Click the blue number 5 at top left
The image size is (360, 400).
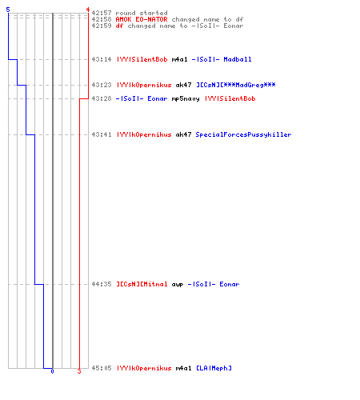tap(8, 10)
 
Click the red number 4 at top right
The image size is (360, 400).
tap(88, 10)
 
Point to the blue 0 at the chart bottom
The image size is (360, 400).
tap(52, 371)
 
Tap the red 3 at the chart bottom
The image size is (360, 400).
tap(79, 371)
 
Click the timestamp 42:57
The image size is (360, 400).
tap(102, 13)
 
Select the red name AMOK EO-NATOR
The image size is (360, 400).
tap(142, 19)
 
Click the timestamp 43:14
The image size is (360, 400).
tap(102, 59)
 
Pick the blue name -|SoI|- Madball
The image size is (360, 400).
tap(222, 59)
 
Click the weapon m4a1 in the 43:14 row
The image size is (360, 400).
tap(180, 59)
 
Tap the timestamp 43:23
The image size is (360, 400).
tap(102, 85)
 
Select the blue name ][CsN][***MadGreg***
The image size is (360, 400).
tap(236, 85)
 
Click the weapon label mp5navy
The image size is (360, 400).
tap(186, 99)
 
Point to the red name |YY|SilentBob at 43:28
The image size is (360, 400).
tap(230, 98)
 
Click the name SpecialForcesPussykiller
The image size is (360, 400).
tap(243, 134)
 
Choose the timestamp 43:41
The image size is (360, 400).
tap(102, 134)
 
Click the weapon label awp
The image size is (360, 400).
tap(178, 285)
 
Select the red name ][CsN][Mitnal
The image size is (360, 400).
tap(142, 284)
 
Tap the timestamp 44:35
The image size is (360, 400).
tap(102, 284)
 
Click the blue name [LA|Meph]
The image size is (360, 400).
tap(214, 368)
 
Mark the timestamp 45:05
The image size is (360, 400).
tap(102, 368)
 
